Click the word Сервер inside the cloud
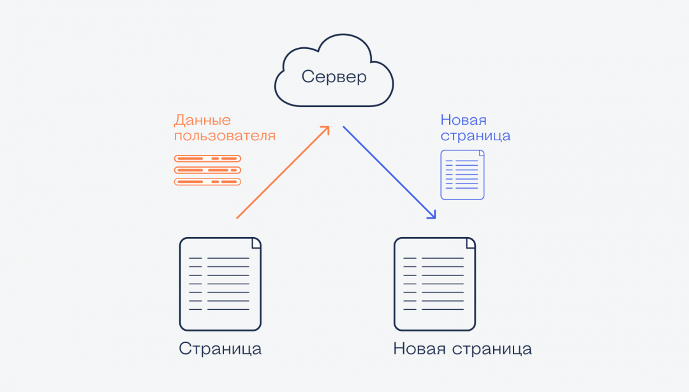click(x=334, y=77)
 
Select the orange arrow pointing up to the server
click(x=283, y=172)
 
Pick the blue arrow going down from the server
click(x=389, y=172)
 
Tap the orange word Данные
click(x=202, y=120)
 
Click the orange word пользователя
click(x=225, y=136)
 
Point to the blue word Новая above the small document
click(x=463, y=120)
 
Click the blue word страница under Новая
click(x=475, y=136)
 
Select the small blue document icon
click(x=463, y=175)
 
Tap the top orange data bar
click(x=207, y=159)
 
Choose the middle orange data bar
click(x=207, y=170)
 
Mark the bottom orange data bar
click(x=207, y=182)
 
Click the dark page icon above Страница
click(x=220, y=284)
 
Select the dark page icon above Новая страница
click(x=434, y=284)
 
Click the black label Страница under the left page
click(x=220, y=349)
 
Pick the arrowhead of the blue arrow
click(x=433, y=215)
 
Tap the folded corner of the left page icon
click(x=256, y=243)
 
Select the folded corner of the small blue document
click(x=481, y=153)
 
